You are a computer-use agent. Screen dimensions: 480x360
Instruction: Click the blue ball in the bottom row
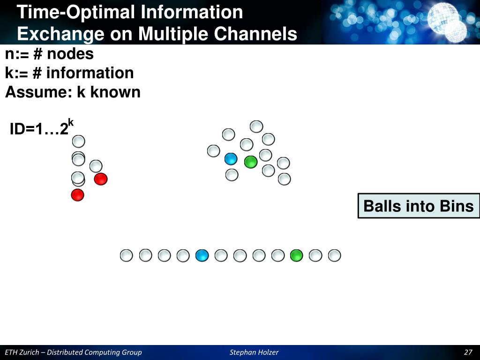coord(202,255)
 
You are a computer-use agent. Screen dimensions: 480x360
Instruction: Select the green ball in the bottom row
coord(296,255)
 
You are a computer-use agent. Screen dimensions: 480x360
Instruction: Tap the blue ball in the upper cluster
coord(231,159)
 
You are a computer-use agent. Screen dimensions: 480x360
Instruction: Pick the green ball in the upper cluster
coord(251,162)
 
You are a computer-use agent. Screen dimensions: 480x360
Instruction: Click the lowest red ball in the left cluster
coord(77,195)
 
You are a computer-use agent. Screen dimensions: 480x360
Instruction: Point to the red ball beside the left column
coord(101,179)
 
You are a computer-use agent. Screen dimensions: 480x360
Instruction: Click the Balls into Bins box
coord(419,206)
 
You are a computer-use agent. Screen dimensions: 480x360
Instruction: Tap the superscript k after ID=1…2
coord(71,123)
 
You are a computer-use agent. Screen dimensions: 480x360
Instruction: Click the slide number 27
coord(468,352)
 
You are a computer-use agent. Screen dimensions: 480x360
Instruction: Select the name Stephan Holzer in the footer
coord(254,352)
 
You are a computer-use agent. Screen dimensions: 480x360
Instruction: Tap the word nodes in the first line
coord(70,54)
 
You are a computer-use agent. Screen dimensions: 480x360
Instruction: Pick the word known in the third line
coord(115,92)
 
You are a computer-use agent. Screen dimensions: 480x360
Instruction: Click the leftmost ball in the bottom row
coord(127,255)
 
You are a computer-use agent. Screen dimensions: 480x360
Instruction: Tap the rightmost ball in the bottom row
coord(334,255)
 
